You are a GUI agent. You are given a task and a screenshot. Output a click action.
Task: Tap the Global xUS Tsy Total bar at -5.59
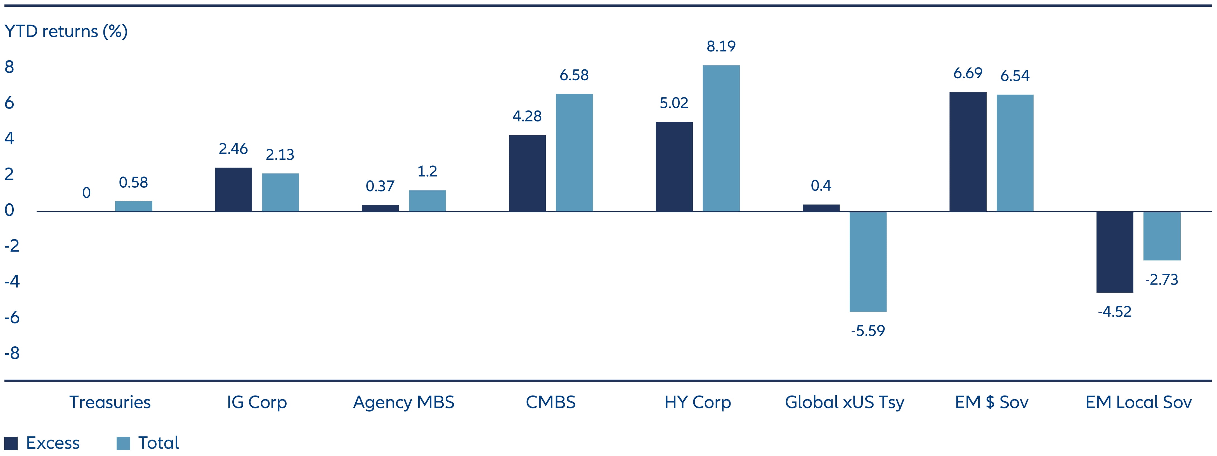pos(868,261)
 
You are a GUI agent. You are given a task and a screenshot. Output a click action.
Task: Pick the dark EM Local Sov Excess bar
pos(1114,252)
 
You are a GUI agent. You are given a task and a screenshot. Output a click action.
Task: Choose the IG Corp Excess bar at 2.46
pos(233,189)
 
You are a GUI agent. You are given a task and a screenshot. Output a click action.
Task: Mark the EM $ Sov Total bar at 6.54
pos(1015,153)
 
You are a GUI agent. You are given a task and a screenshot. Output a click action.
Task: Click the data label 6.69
pos(968,73)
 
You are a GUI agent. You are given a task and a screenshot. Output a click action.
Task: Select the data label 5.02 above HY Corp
pos(674,103)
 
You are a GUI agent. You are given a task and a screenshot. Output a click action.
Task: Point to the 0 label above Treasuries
pos(86,193)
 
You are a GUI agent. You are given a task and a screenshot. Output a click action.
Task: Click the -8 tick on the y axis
pos(12,353)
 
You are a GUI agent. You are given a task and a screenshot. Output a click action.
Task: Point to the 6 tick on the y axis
pos(10,103)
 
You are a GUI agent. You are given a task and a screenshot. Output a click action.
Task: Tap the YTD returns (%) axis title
pos(66,31)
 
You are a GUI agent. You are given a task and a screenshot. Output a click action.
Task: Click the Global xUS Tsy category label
pos(844,402)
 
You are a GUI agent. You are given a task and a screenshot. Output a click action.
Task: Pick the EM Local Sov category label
pos(1138,402)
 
